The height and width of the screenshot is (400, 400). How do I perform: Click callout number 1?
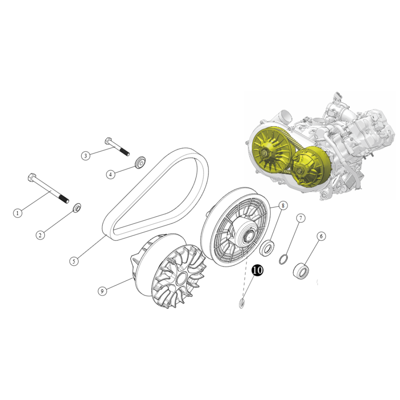[x=17, y=213]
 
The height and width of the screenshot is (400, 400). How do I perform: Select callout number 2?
[x=40, y=235]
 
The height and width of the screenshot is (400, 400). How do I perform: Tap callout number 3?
[x=86, y=156]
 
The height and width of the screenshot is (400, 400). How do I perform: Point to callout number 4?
[x=110, y=174]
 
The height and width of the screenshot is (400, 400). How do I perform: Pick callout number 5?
[x=74, y=261]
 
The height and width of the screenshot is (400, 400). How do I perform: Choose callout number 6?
[x=321, y=236]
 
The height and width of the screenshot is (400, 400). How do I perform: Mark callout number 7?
[x=301, y=218]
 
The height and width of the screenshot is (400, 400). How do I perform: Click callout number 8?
[x=283, y=205]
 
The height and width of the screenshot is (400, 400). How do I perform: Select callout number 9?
[x=102, y=291]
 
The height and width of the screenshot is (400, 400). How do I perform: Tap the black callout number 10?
[x=257, y=270]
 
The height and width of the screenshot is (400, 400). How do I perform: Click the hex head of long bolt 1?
[x=32, y=177]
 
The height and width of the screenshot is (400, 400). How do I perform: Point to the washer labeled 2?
[x=77, y=208]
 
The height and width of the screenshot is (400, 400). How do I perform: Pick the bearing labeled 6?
[x=301, y=270]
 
